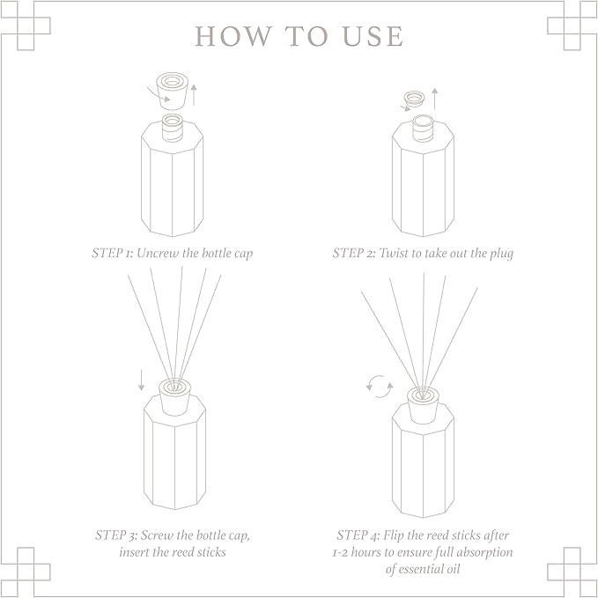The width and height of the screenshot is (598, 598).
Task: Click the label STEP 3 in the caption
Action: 115,535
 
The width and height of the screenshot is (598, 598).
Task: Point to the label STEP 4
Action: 357,535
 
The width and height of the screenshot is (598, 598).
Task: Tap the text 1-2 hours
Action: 359,552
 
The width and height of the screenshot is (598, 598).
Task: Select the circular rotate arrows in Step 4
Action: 379,386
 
